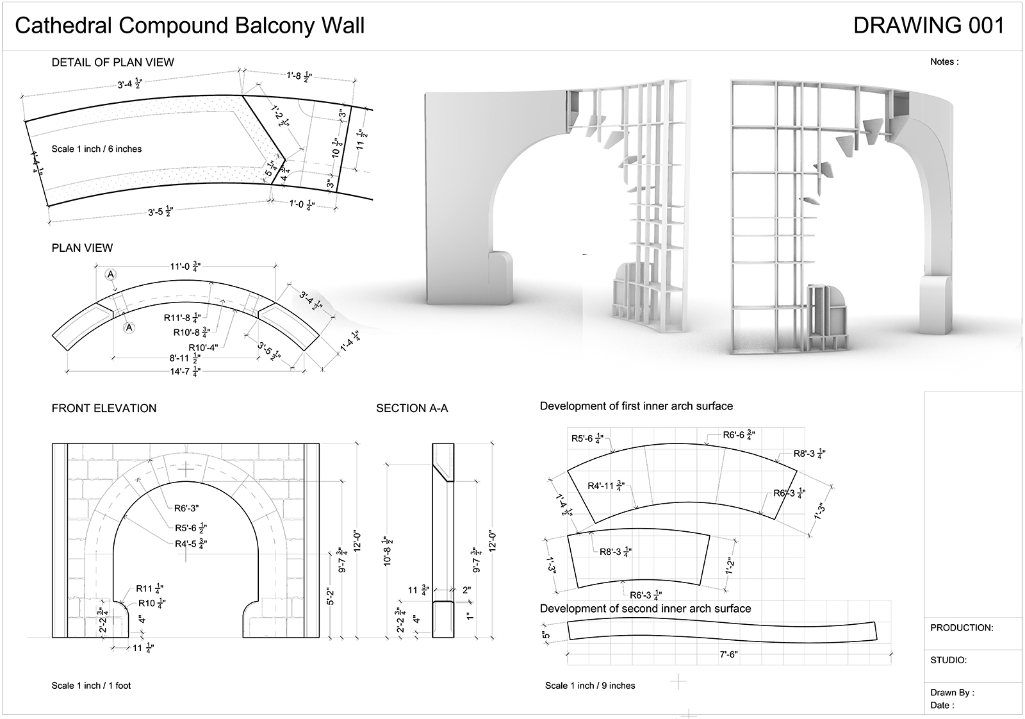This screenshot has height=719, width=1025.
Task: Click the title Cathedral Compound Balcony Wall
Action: click(x=190, y=26)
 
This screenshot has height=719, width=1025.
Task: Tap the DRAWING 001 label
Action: click(x=928, y=26)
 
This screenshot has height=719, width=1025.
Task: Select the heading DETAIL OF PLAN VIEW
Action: click(x=113, y=62)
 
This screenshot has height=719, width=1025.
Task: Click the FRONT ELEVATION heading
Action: click(x=104, y=408)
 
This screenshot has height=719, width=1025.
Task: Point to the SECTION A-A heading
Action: click(x=412, y=408)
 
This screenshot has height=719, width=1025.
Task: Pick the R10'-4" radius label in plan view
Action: click(x=203, y=347)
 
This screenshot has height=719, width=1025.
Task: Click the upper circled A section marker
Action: click(x=111, y=274)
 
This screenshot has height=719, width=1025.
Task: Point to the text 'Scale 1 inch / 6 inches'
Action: click(x=97, y=149)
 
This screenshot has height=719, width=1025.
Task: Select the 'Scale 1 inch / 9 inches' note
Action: click(x=590, y=686)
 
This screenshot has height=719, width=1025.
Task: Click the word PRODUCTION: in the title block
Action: click(x=962, y=628)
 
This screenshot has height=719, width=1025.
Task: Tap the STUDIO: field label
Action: click(x=949, y=660)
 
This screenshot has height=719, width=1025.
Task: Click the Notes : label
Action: click(x=944, y=62)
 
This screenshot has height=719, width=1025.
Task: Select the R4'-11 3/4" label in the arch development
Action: click(x=606, y=486)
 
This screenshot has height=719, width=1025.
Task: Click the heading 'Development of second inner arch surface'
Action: click(x=645, y=608)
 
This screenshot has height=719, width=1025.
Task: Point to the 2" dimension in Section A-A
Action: click(x=466, y=590)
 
